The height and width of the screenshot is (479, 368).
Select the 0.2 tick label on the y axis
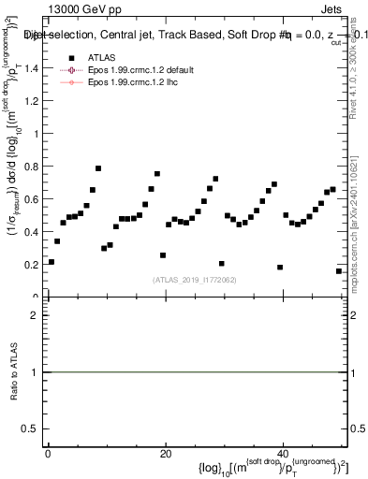tap(31, 265)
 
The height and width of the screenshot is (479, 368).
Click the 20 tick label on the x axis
tap(165, 455)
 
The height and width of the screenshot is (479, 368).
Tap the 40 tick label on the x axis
tap(283, 455)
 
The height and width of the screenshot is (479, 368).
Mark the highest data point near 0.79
tap(98, 168)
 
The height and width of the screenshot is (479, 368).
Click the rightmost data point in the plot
tap(338, 271)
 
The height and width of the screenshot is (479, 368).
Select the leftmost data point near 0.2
tap(52, 262)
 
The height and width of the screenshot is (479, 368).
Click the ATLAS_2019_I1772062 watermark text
tap(195, 280)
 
